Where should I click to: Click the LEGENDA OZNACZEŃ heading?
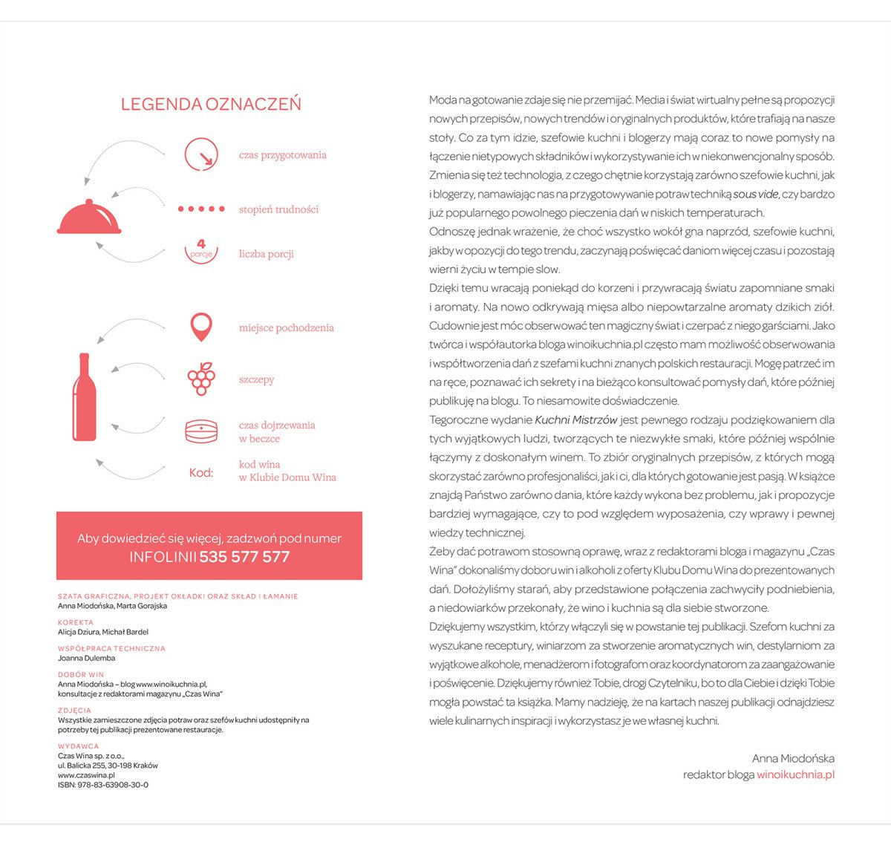211,104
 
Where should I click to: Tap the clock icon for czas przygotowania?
201,154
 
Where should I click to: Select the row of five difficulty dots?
201,209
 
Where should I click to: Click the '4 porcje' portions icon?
201,250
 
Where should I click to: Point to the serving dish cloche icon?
89,218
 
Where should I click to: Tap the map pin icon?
201,327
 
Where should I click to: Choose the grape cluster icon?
201,379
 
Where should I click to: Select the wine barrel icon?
201,431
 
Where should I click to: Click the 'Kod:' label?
200,472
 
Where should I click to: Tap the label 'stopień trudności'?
278,209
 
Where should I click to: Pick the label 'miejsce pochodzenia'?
286,327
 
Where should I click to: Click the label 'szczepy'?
256,379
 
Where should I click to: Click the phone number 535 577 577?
244,557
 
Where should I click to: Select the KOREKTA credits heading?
76,622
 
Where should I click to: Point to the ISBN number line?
103,785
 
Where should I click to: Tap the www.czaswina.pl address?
86,775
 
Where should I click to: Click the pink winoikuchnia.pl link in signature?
795,774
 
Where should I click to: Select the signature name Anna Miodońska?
793,758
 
